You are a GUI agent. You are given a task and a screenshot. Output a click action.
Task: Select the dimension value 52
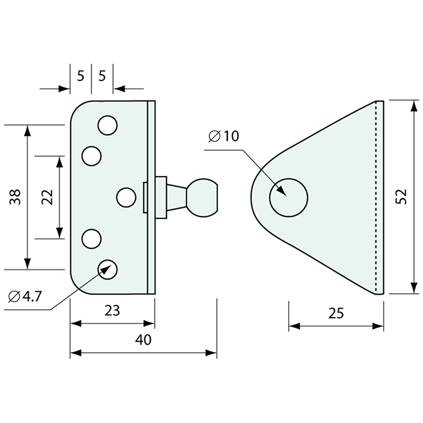[401, 197]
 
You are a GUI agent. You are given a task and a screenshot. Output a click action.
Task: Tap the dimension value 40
[143, 340]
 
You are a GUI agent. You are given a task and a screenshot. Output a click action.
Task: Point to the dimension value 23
[112, 310]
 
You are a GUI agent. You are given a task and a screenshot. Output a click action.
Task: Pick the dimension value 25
[336, 313]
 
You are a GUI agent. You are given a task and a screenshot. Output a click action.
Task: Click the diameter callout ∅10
[223, 136]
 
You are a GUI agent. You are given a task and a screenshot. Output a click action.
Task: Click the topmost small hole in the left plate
[107, 125]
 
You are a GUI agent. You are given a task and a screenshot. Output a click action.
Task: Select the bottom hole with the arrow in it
[108, 269]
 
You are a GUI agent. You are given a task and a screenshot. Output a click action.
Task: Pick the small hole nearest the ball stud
[126, 197]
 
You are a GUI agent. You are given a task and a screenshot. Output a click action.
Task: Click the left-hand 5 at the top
[80, 76]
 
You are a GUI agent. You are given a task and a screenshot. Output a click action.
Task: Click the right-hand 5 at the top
[102, 76]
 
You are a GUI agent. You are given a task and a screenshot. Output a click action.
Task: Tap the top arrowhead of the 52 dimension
[414, 106]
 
